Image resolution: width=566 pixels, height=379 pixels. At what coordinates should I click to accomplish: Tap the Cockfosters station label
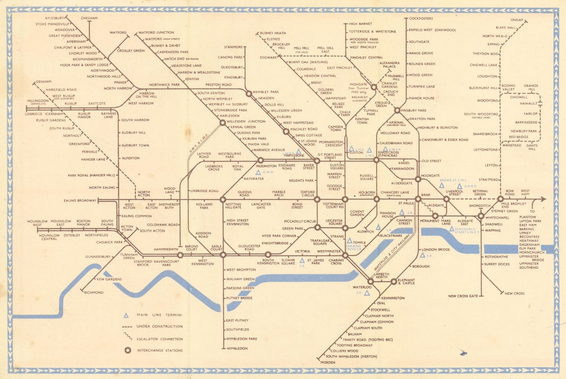(x=421, y=19)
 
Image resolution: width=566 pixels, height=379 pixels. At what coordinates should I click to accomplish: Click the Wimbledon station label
(x=237, y=349)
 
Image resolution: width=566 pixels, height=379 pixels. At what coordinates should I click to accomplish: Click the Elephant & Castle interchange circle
(x=394, y=282)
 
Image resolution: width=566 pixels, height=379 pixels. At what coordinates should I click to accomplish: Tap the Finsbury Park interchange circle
(x=397, y=110)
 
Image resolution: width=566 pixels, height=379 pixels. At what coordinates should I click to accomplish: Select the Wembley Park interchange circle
(x=249, y=93)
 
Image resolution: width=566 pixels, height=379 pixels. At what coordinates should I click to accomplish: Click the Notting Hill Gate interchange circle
(x=223, y=199)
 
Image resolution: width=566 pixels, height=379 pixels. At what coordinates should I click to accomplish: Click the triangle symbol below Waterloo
(x=367, y=293)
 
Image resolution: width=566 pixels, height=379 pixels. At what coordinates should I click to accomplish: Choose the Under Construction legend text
(x=160, y=327)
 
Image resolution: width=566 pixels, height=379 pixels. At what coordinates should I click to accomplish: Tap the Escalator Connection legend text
(x=160, y=339)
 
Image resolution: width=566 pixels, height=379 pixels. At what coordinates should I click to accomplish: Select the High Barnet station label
(x=360, y=24)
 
